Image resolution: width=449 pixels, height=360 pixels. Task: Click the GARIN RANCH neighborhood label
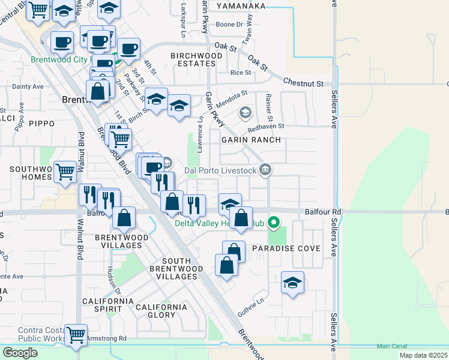(251, 140)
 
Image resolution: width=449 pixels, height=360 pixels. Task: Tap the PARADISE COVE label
(286, 248)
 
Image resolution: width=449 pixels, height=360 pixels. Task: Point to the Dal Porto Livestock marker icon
(265, 170)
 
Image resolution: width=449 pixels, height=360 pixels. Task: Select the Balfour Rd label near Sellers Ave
(322, 212)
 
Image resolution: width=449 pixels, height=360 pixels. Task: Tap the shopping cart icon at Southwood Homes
(65, 172)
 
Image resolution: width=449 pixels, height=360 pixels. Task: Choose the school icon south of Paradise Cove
(292, 283)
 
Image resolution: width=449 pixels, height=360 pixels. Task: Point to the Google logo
(20, 353)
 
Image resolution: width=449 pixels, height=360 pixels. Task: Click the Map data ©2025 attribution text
(425, 355)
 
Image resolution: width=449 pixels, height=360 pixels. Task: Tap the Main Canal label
(391, 346)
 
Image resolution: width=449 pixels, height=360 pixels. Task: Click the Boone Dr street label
(229, 25)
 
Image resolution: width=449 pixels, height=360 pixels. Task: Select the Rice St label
(240, 73)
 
